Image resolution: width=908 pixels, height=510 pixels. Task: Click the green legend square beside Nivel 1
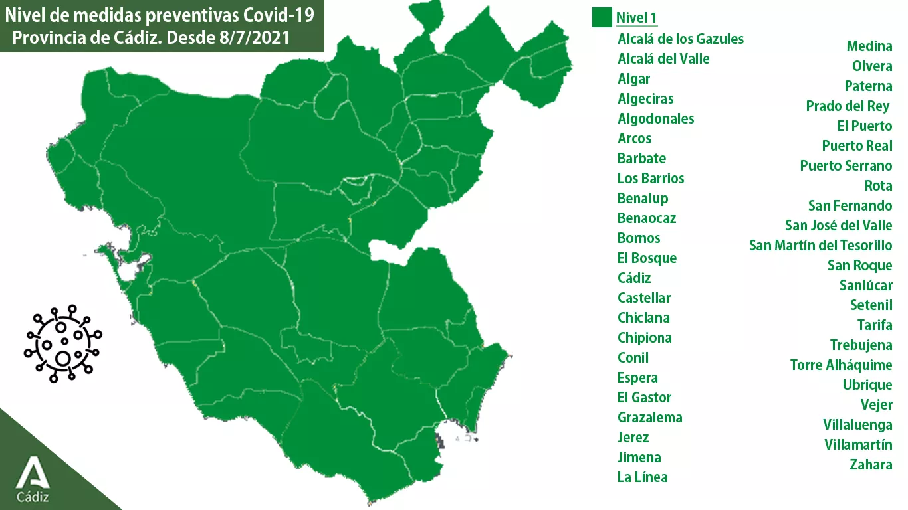(x=602, y=17)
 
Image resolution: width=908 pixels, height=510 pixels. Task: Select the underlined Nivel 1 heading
(x=636, y=18)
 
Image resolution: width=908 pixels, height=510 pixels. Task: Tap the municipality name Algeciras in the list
(x=645, y=99)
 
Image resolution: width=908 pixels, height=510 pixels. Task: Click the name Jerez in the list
(x=633, y=438)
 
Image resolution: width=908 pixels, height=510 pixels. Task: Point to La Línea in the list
(x=642, y=477)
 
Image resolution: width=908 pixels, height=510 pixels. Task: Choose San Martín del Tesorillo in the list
(x=820, y=246)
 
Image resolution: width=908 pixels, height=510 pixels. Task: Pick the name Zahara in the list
(x=871, y=465)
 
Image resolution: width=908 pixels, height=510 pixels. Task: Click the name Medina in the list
(x=869, y=46)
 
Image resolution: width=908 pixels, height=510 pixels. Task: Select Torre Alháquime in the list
(x=841, y=365)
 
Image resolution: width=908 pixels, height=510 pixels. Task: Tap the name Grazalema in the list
(x=649, y=418)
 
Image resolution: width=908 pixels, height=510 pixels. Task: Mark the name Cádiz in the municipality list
(x=634, y=278)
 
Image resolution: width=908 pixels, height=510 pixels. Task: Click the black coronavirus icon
(x=63, y=343)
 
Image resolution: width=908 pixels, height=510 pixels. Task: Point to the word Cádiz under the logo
(x=33, y=497)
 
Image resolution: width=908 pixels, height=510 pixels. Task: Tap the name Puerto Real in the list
(x=857, y=146)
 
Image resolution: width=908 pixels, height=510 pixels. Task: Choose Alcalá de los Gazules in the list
(x=681, y=39)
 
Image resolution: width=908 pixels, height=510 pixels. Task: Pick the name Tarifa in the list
(x=875, y=325)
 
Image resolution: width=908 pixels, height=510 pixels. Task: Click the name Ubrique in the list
(x=867, y=385)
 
